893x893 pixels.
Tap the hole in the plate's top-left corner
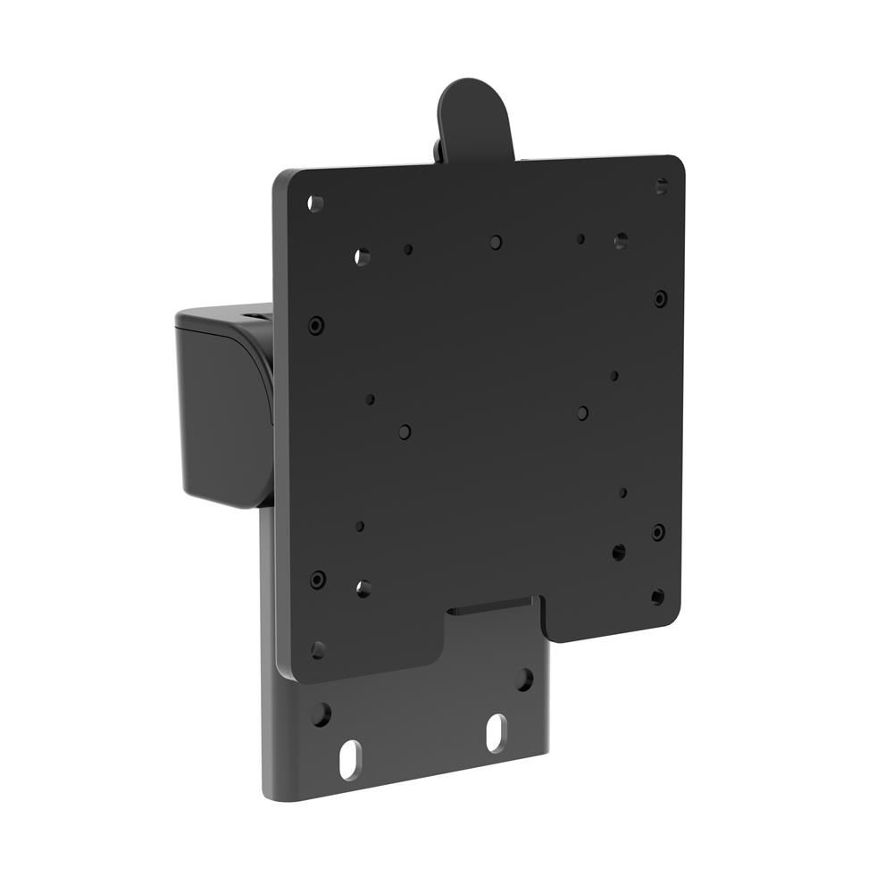tap(315, 204)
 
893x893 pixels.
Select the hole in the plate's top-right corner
tap(662, 187)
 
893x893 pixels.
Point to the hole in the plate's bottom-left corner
tap(318, 650)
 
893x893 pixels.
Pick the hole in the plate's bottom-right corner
tap(658, 597)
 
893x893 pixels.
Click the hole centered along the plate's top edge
tap(496, 242)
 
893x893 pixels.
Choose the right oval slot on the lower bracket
tap(496, 732)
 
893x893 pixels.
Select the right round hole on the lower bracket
tap(525, 680)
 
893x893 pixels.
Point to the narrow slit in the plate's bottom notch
tap(491, 610)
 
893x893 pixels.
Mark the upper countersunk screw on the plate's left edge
tap(316, 325)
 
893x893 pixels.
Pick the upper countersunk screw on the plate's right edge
tap(660, 298)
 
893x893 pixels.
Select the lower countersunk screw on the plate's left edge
tap(318, 580)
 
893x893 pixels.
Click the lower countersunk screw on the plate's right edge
tap(658, 532)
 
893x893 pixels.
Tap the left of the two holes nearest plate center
tap(405, 432)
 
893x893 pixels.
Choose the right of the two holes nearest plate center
tap(582, 413)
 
